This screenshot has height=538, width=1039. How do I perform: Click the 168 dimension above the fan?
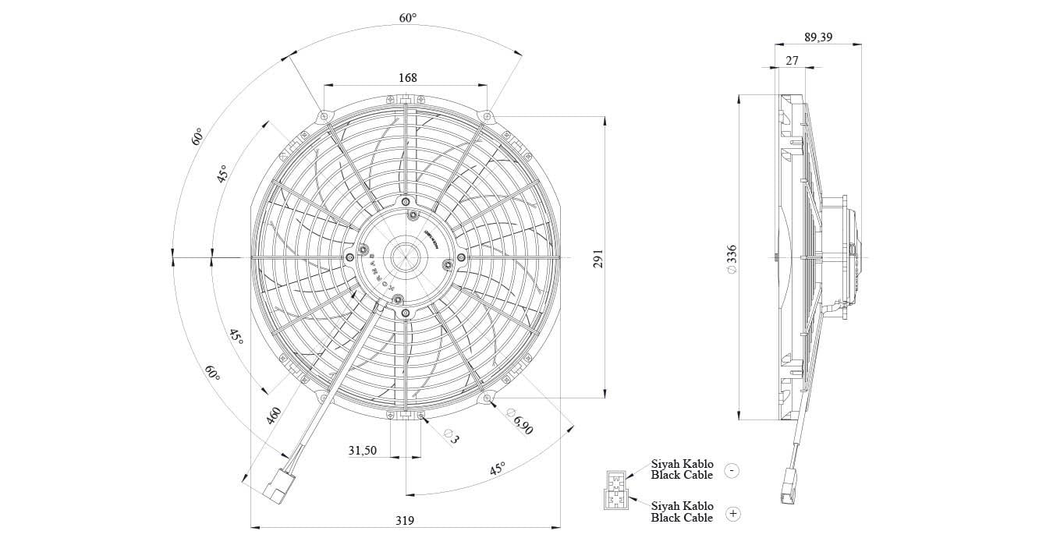(407, 77)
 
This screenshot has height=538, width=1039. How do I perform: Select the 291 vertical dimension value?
(598, 259)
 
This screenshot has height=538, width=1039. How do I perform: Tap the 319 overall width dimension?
(404, 520)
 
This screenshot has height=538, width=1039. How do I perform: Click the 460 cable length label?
(274, 414)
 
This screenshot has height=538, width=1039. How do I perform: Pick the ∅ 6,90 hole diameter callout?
(519, 421)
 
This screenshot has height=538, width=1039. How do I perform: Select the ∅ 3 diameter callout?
(451, 436)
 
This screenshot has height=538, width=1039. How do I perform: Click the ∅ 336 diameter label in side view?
(732, 259)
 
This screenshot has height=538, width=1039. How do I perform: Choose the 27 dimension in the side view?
(792, 61)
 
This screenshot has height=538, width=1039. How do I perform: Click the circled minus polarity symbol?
(732, 470)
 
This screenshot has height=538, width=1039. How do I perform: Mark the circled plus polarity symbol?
(732, 513)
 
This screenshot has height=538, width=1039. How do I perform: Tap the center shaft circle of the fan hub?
(406, 255)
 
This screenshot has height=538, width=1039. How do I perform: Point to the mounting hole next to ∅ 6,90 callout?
(488, 400)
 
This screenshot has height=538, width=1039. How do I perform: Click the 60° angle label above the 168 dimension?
(408, 17)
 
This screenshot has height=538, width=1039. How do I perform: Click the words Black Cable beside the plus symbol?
(682, 518)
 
